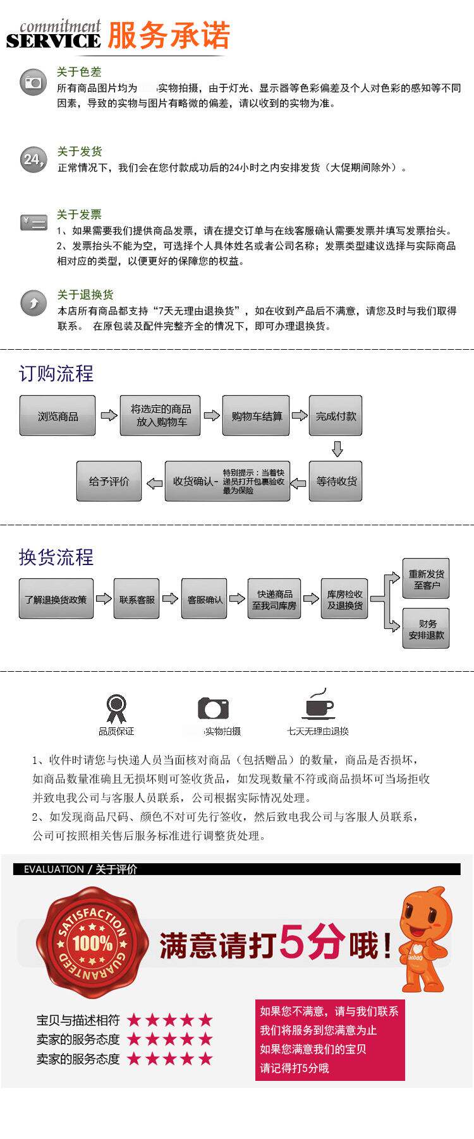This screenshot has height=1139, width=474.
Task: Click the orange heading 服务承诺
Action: tap(169, 35)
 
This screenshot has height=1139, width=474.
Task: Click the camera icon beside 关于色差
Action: tap(33, 83)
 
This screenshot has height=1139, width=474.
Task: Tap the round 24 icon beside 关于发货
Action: tap(33, 159)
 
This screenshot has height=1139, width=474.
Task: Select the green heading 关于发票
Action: tap(79, 215)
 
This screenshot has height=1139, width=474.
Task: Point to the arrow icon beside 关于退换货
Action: tap(33, 303)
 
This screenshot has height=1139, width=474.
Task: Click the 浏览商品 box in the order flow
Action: tap(58, 415)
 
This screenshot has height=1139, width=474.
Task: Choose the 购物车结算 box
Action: tap(256, 415)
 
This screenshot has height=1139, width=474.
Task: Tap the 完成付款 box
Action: tap(336, 415)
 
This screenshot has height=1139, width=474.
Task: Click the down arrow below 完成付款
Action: tap(337, 449)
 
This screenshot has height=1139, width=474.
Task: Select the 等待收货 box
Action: tap(336, 481)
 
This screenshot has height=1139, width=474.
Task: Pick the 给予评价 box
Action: tap(109, 481)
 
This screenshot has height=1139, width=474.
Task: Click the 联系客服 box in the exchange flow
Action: tap(137, 599)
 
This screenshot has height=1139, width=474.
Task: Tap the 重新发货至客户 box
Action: tap(426, 579)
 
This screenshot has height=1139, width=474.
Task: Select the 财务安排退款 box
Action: tap(426, 629)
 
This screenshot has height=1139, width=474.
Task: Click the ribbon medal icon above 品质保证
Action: tap(116, 708)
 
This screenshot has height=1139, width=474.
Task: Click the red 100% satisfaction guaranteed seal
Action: tap(92, 943)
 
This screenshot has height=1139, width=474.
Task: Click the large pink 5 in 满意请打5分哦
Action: tap(296, 943)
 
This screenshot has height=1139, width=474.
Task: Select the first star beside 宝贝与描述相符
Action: tap(134, 1020)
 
